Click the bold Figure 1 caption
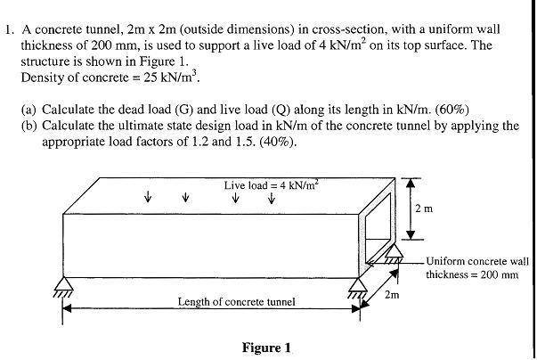266,348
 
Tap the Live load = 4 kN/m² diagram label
272,185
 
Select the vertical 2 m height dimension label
424,209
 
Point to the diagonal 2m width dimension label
392,295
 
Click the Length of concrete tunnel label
236,302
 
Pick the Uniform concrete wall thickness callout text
477,268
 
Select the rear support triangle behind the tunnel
395,253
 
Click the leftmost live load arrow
148,197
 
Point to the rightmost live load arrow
272,198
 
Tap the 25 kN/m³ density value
171,77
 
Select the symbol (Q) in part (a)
281,110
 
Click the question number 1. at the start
10,30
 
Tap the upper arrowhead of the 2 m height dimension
411,184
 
